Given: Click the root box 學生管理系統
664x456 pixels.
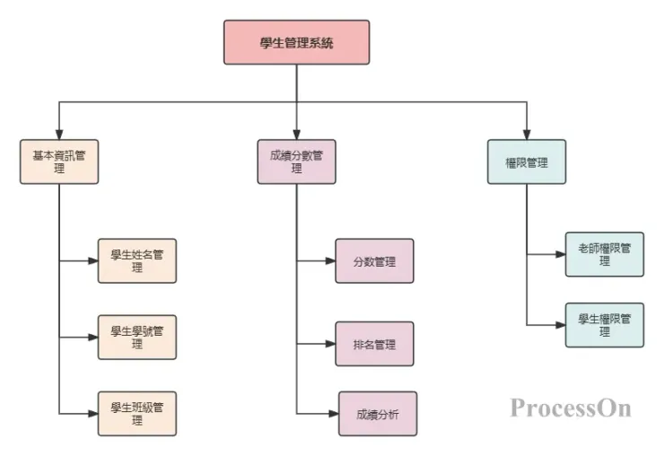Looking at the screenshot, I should [296, 42].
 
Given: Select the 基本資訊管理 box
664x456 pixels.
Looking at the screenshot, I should [59, 162].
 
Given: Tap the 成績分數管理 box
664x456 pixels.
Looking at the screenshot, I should [296, 162].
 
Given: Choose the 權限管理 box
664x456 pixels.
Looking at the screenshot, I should [527, 162].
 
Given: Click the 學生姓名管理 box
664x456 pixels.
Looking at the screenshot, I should [137, 260].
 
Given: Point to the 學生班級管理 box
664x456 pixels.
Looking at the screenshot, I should [137, 414].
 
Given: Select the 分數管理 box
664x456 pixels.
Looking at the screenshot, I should [374, 261].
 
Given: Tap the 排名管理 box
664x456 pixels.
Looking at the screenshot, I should [374, 344].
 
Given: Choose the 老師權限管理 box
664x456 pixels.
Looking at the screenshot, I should [604, 254].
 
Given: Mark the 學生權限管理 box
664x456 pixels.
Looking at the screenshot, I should [604, 325].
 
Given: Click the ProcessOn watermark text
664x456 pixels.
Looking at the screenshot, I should [571, 408].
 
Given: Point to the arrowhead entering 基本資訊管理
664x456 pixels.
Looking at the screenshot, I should [59, 134].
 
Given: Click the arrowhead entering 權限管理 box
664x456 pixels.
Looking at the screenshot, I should [527, 134].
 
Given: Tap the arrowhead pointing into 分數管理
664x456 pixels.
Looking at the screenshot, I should [329, 261].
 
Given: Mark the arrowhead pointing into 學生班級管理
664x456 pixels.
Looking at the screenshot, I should [92, 414].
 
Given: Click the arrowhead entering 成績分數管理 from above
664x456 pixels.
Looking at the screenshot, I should [296, 134].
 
